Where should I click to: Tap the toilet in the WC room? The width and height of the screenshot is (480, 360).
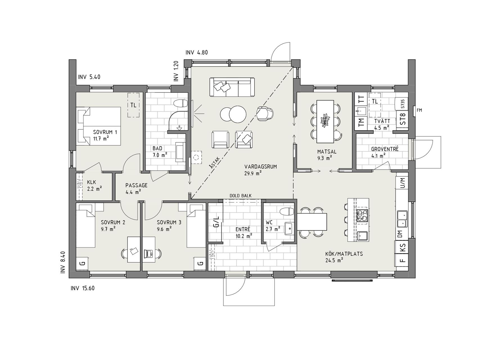287,211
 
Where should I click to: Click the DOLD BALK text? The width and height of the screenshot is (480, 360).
240,196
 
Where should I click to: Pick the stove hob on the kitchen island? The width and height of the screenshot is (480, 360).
362,216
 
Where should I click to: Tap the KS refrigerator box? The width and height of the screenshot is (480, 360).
403,247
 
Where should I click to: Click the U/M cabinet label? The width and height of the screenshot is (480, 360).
403,183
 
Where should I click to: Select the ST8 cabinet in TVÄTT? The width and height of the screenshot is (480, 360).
403,119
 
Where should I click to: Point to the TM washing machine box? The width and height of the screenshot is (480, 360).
361,121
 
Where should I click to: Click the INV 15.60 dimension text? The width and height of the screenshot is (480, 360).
83,288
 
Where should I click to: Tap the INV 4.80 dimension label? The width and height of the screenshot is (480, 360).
197,52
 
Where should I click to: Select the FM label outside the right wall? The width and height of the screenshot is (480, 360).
419,110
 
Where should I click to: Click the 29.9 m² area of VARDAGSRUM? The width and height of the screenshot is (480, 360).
253,173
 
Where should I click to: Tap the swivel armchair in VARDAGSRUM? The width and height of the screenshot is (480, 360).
265,114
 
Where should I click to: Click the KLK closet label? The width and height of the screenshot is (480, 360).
92,182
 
